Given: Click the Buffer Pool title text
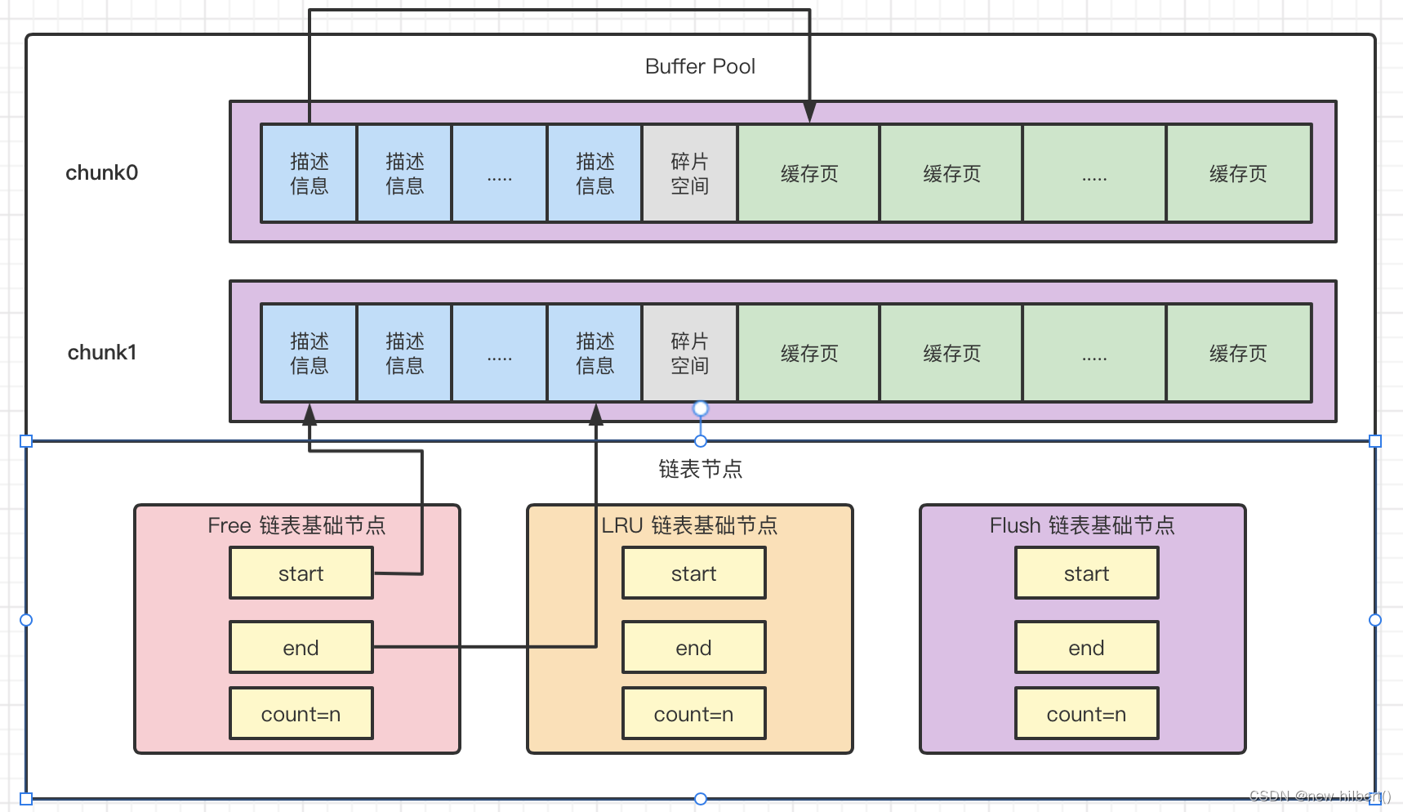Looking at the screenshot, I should [700, 66].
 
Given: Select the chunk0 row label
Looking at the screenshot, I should [102, 172].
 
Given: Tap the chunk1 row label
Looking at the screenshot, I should [102, 352].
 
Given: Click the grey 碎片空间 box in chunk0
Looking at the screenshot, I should [689, 173].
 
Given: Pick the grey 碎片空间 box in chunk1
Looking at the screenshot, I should [689, 353].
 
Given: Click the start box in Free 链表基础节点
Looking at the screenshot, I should [301, 573].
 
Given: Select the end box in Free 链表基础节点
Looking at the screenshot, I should [301, 648].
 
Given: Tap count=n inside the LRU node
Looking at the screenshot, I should [693, 714].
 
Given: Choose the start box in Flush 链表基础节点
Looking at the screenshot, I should [1086, 573].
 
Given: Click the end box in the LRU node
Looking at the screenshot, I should [693, 648].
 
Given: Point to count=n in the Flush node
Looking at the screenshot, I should [1086, 714].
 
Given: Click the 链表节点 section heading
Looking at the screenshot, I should [700, 469].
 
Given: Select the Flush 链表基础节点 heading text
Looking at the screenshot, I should [1082, 525].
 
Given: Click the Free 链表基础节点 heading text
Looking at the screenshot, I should [296, 525].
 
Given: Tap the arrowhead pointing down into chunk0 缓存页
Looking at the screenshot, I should [809, 113].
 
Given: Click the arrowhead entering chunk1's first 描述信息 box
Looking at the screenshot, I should [310, 414].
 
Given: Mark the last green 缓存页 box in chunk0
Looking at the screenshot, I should [1238, 173].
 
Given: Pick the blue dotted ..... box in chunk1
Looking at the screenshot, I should [499, 353].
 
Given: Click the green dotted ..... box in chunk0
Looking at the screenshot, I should [1093, 173].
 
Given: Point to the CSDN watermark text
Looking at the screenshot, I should [1319, 796].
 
